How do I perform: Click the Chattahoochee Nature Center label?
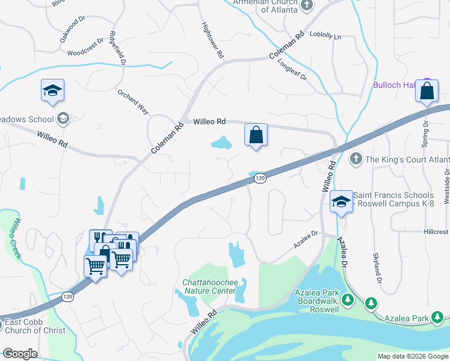click(x=210, y=286)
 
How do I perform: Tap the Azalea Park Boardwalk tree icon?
click(x=347, y=298)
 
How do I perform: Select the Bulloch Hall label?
click(x=395, y=85)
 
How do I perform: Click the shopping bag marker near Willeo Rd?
click(x=256, y=135)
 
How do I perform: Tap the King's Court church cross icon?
click(x=356, y=159)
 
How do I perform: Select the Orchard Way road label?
click(x=133, y=102)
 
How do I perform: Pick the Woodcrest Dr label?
click(x=86, y=52)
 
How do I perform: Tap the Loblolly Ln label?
click(x=325, y=37)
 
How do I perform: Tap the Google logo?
click(x=20, y=354)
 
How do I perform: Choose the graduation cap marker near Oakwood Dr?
click(x=52, y=91)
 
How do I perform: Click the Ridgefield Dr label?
click(x=117, y=48)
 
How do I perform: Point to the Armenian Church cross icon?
click(x=307, y=5)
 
